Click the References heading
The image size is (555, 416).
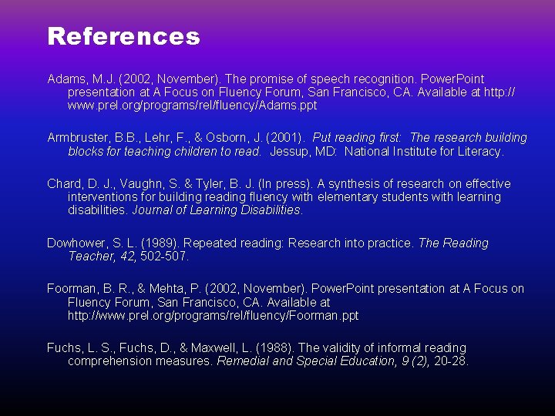click(123, 36)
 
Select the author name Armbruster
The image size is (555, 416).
click(77, 138)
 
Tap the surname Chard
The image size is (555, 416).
click(64, 183)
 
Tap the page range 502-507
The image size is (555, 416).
click(164, 257)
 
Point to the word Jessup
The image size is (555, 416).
click(288, 152)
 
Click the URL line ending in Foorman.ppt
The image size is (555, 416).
click(213, 316)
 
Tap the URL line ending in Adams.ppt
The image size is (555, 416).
click(192, 106)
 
